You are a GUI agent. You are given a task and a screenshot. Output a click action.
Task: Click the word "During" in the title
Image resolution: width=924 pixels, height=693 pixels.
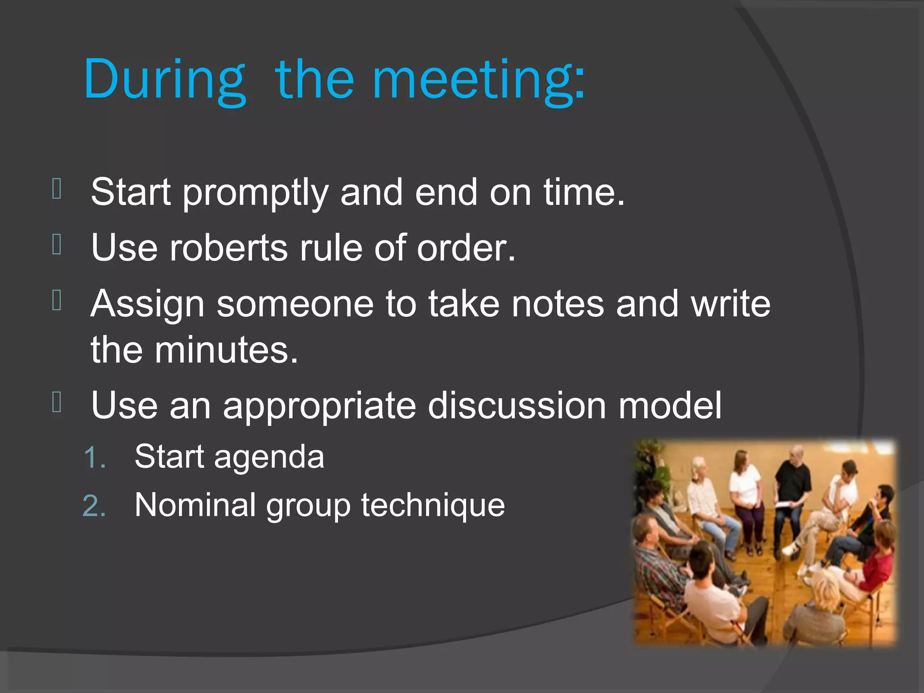165,80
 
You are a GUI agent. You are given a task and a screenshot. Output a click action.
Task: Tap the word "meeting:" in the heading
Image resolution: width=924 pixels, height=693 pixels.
478,80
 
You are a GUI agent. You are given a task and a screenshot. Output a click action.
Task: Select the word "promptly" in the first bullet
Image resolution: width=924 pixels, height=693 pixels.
255,193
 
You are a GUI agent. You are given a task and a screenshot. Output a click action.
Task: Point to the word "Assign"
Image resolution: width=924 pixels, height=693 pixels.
148,305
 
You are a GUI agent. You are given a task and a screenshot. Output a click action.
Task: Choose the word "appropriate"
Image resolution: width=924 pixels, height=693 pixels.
319,406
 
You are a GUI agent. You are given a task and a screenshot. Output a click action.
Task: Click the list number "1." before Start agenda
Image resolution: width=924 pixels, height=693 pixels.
94,458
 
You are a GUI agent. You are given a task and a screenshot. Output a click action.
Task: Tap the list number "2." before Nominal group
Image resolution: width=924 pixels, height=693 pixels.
94,506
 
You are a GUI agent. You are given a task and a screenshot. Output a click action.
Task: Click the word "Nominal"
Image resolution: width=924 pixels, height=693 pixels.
195,505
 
